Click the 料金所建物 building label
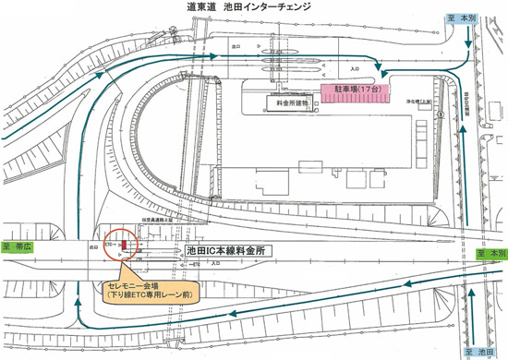tap(290, 104)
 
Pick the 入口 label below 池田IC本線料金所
tap(215, 264)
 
